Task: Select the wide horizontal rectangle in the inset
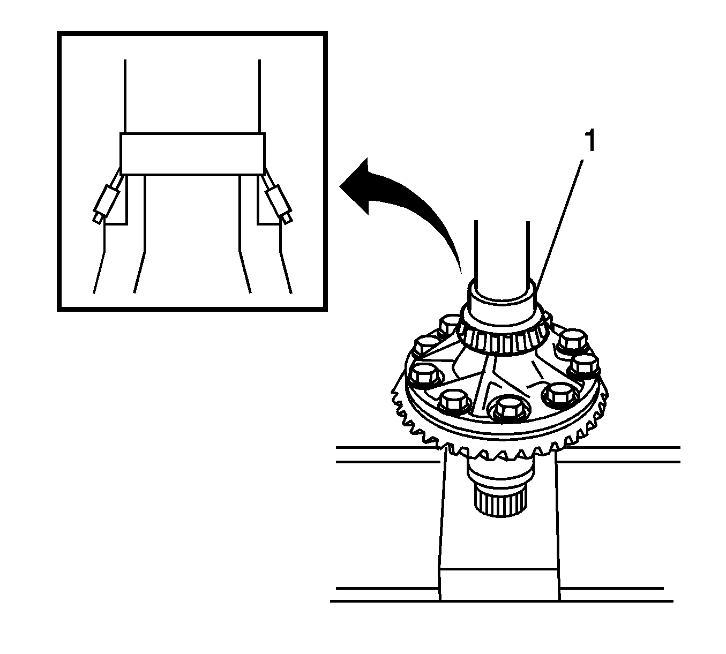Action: (192, 154)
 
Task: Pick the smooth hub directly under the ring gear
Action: (500, 470)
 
